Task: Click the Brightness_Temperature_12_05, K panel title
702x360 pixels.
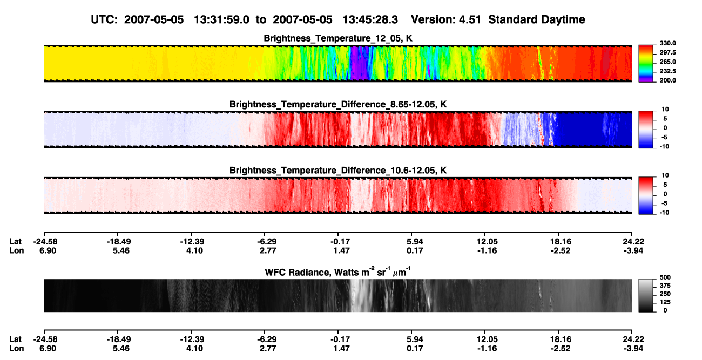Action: coord(338,38)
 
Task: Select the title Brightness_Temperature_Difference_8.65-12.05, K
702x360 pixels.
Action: coord(338,104)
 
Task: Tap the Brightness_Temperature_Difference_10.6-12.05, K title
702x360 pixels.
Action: coord(338,171)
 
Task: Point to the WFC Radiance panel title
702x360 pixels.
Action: coord(338,271)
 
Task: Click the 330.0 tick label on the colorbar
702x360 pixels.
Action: coord(667,43)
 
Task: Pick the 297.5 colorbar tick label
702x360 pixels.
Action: coord(667,52)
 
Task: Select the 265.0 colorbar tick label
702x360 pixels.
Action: coord(667,62)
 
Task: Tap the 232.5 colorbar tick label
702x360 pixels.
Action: coord(667,71)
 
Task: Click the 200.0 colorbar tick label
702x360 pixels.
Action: coord(667,80)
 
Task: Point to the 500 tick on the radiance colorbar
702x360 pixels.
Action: coord(665,277)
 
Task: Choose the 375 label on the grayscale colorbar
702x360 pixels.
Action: coord(665,286)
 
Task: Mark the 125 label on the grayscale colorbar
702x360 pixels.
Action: coord(665,302)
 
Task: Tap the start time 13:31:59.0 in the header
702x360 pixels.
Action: coord(221,19)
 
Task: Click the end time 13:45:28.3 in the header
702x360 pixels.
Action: coord(370,19)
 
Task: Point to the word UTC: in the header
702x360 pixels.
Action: coord(104,19)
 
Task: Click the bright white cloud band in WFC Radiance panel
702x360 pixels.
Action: coord(360,295)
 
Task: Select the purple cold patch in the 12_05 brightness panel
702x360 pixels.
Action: coord(359,63)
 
